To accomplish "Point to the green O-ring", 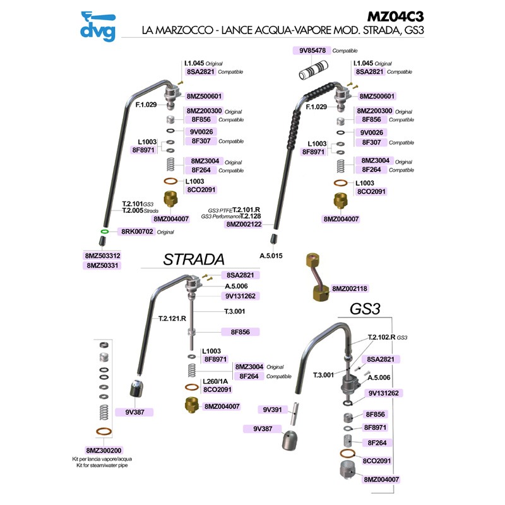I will click(x=102, y=232).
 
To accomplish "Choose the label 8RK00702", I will click(x=137, y=232).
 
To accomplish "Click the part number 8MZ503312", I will click(x=102, y=256).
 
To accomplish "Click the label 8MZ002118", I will click(x=350, y=288).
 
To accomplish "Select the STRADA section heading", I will click(x=193, y=260).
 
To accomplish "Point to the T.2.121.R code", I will click(x=172, y=319).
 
